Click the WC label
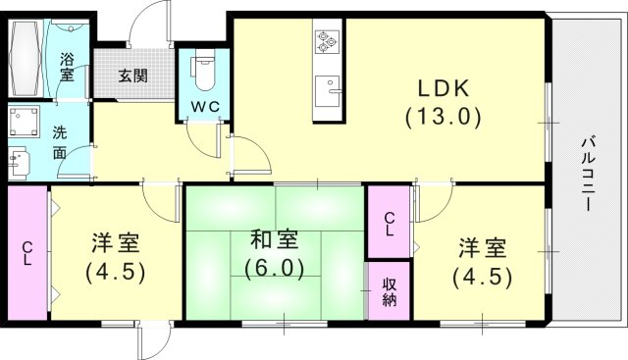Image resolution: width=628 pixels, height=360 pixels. (x=204, y=103)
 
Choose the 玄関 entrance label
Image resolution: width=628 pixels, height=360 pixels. (x=133, y=76)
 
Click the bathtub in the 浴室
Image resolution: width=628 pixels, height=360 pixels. (x=27, y=51)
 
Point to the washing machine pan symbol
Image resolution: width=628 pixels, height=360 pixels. (x=23, y=123)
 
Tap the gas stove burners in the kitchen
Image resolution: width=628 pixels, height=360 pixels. (x=326, y=43)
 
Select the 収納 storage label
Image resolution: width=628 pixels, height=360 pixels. (x=389, y=292)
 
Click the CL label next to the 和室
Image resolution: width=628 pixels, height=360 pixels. (x=390, y=225)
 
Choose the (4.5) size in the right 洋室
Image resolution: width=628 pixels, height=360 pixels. (x=482, y=277)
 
